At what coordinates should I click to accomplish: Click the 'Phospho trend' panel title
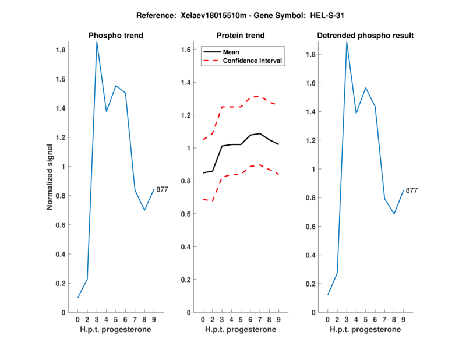pyautogui.click(x=115, y=36)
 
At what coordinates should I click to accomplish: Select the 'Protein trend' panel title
pyautogui.click(x=240, y=36)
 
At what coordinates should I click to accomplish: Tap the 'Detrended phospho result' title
pyautogui.click(x=365, y=36)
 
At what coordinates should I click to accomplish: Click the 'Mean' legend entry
pyautogui.click(x=231, y=52)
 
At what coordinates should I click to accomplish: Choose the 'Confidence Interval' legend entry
pyautogui.click(x=253, y=61)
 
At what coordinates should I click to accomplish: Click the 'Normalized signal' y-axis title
pyautogui.click(x=50, y=177)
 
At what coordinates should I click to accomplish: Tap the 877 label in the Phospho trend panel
pyautogui.click(x=162, y=189)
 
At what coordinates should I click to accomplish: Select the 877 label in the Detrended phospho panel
pyautogui.click(x=411, y=190)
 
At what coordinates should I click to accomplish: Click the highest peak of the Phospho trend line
pyautogui.click(x=97, y=42)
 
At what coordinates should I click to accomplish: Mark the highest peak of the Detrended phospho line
pyautogui.click(x=347, y=42)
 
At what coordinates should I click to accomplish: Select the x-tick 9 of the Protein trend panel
pyautogui.click(x=278, y=319)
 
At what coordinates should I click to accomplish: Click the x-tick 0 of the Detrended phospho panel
pyautogui.click(x=327, y=319)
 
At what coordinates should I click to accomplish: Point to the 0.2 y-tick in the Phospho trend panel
pyautogui.click(x=60, y=283)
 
